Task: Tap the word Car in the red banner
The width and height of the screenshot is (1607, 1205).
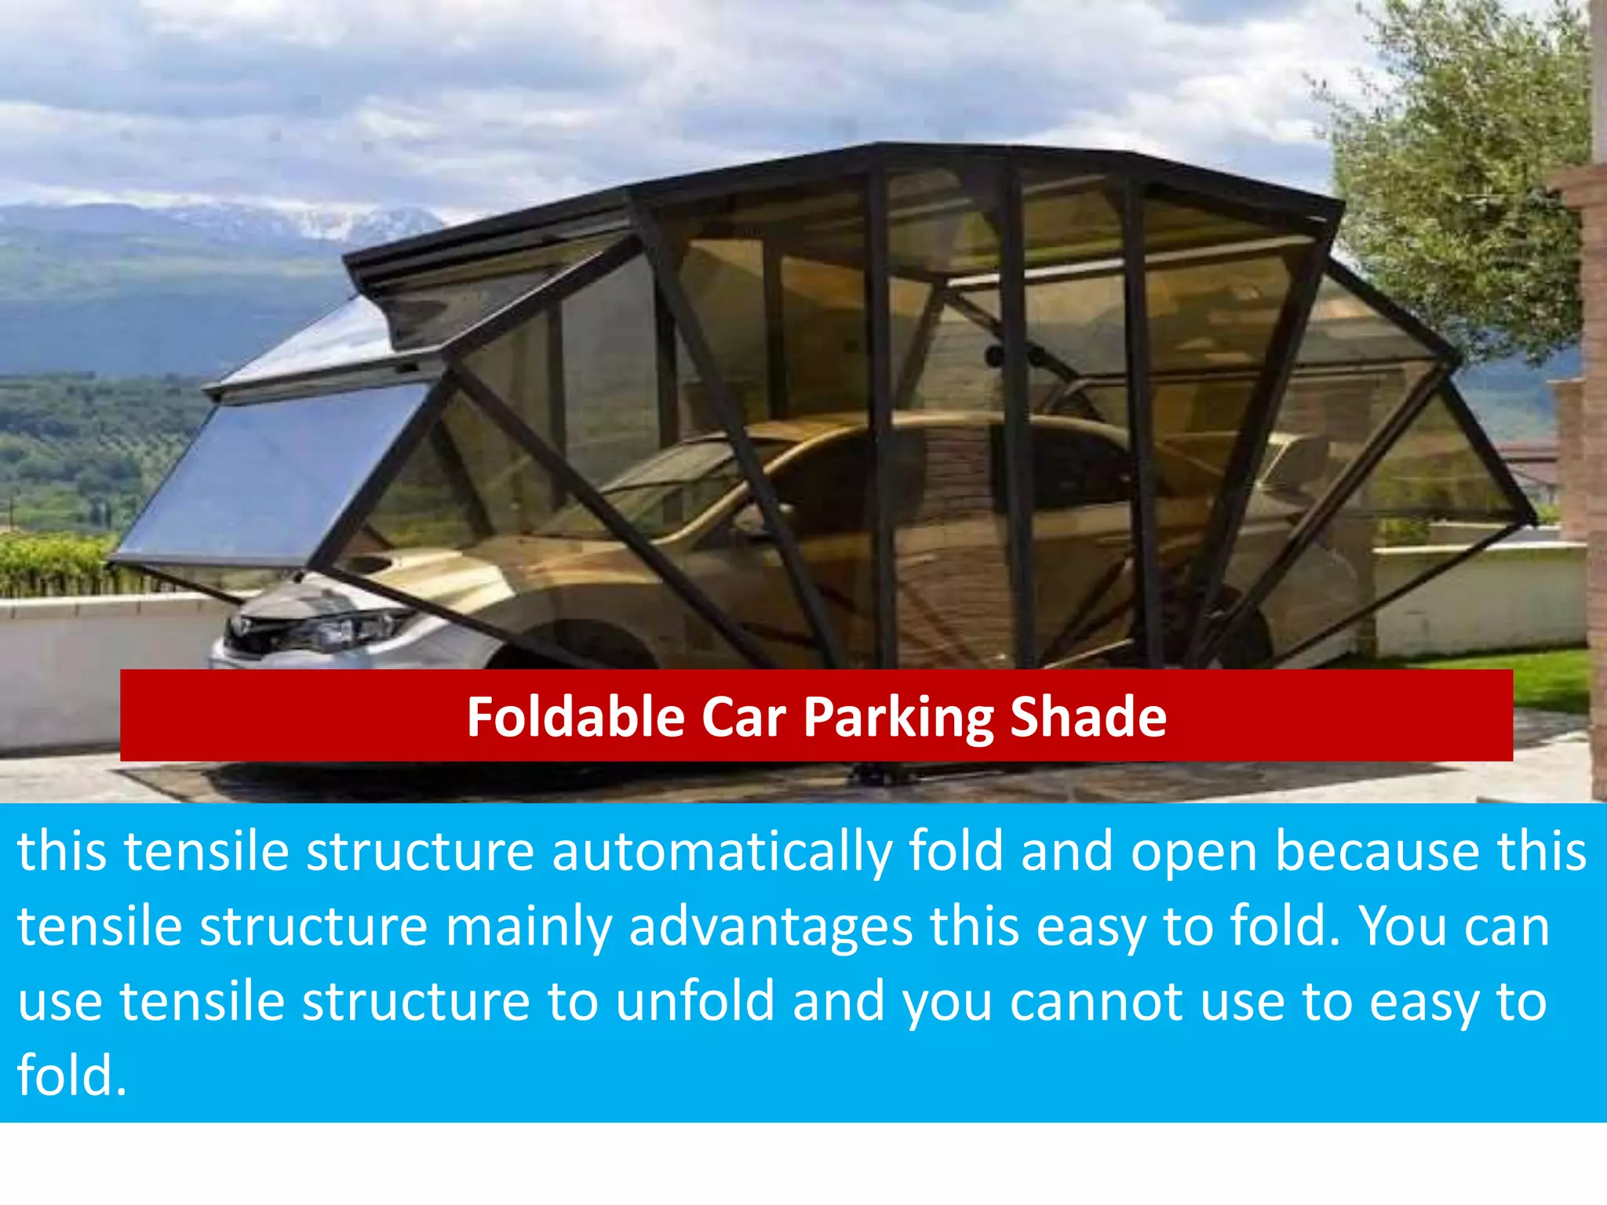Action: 743,717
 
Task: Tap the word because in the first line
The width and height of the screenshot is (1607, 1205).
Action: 1379,852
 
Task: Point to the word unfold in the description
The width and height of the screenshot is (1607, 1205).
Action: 694,1002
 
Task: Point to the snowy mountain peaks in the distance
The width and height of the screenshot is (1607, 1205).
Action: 314,220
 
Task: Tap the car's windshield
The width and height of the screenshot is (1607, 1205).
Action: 675,486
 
